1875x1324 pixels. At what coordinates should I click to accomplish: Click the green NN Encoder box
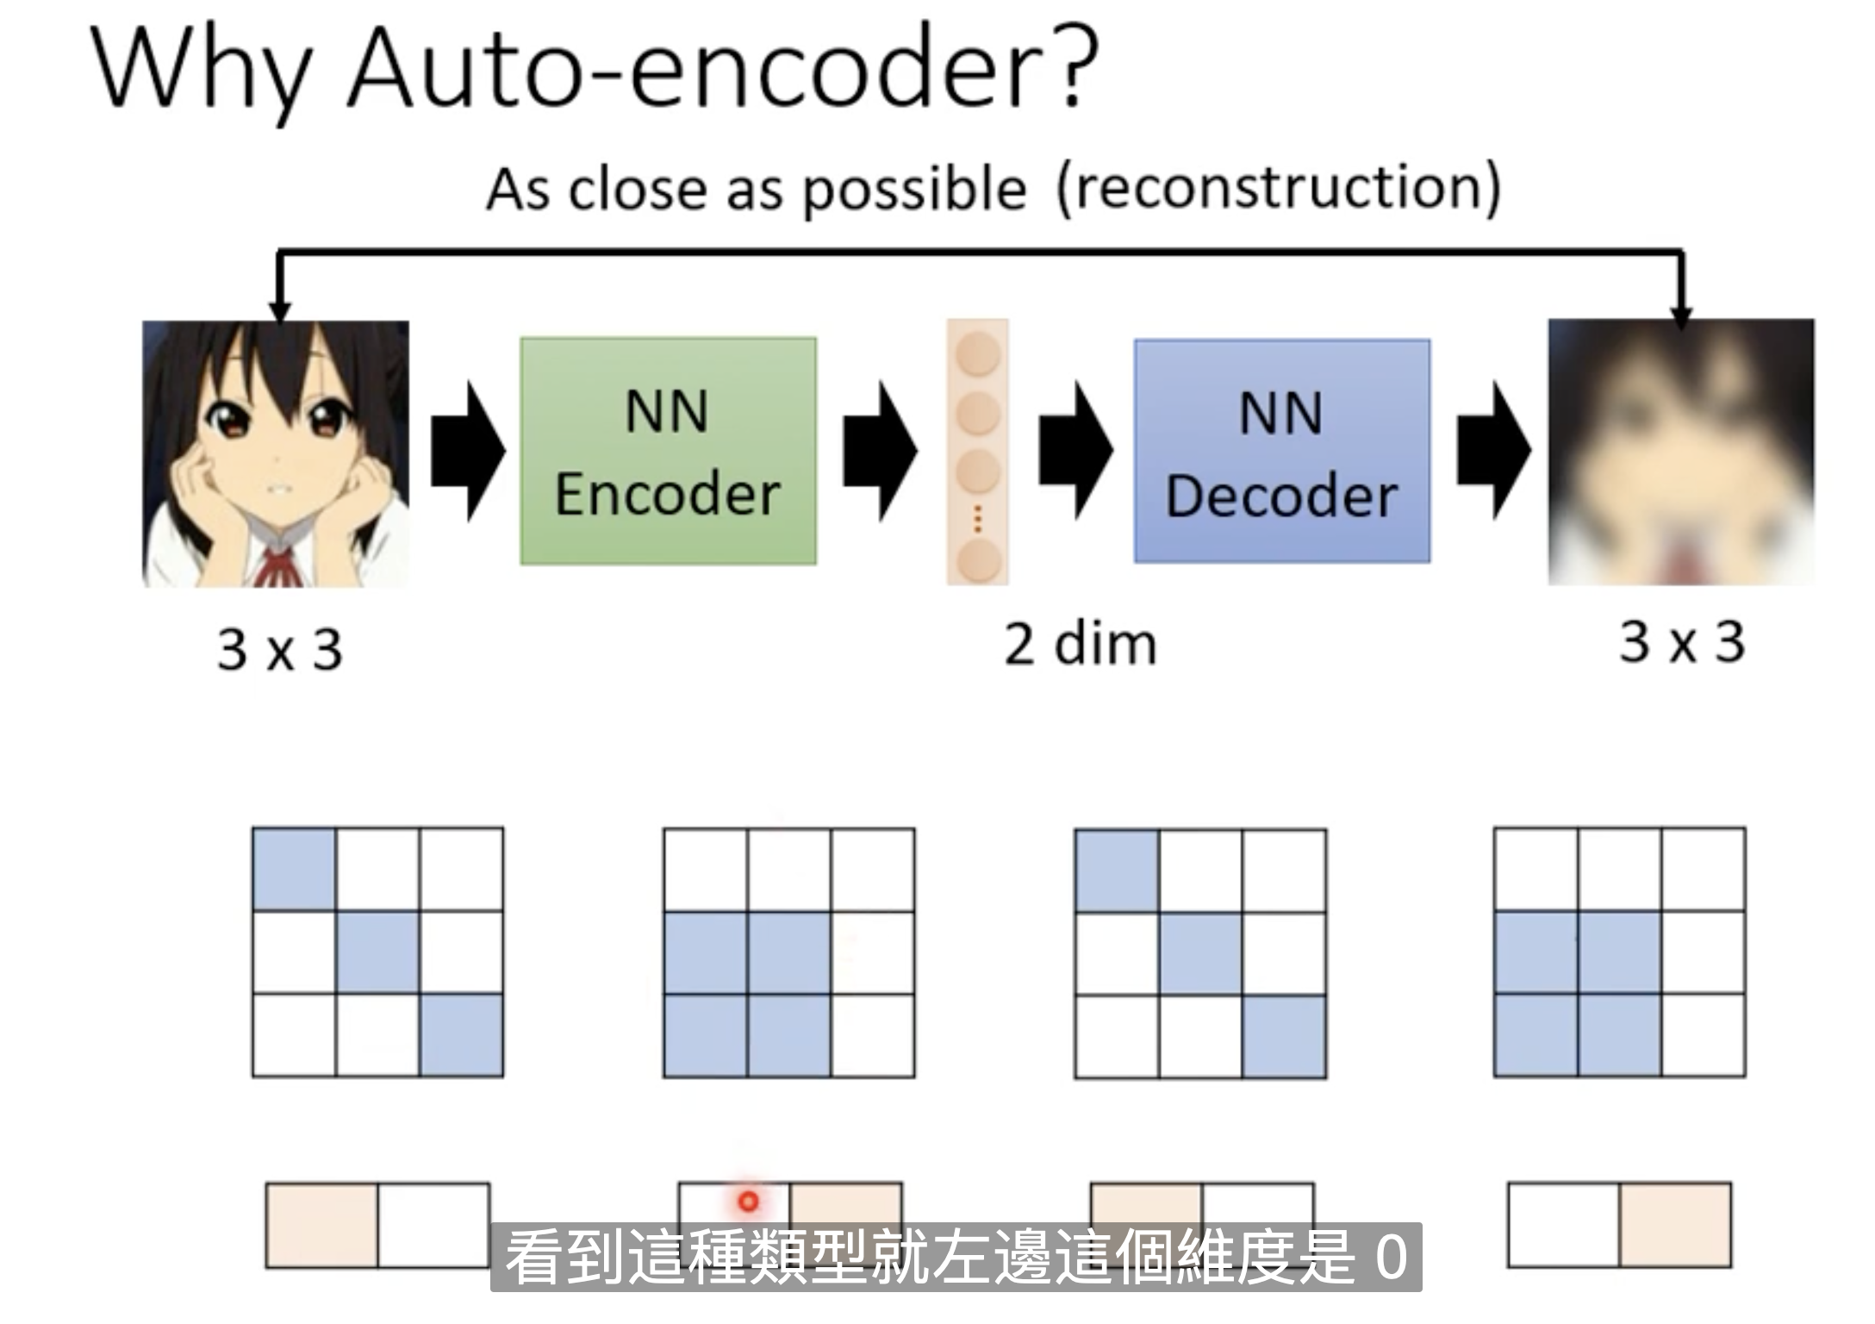[668, 451]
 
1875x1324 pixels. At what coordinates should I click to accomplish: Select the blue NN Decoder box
[1282, 451]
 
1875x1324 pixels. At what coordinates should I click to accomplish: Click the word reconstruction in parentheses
[1279, 188]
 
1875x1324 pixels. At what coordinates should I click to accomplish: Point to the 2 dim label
[1080, 644]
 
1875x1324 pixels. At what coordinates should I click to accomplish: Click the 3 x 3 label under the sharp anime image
[280, 649]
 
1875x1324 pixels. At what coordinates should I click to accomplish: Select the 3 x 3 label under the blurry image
[1682, 642]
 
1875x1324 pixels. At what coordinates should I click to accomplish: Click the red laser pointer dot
[748, 1201]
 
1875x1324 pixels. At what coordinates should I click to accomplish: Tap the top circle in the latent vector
[978, 354]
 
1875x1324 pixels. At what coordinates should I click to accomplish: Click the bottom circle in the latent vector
[978, 560]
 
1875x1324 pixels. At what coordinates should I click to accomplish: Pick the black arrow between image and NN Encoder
[468, 451]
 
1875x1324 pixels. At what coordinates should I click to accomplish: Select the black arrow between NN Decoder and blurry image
[1493, 450]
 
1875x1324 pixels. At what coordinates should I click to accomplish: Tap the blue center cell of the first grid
[378, 952]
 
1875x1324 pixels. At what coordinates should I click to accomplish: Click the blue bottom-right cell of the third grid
[1284, 1036]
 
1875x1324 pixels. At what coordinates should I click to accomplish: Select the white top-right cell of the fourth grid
[1704, 870]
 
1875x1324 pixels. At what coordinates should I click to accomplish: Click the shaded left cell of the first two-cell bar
[322, 1225]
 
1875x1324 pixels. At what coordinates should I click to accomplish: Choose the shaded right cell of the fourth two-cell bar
[1675, 1225]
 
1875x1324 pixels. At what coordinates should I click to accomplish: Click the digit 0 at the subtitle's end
[1391, 1258]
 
